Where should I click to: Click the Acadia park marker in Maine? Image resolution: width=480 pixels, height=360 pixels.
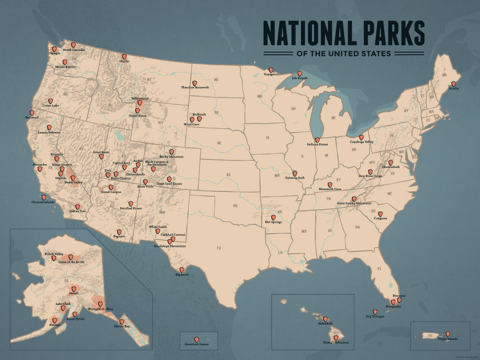point(453,83)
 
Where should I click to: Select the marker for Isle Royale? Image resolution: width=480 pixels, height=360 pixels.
point(300,73)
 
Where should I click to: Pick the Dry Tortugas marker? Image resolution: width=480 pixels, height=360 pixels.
point(375,312)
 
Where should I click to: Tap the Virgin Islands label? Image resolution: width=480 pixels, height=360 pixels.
point(447,339)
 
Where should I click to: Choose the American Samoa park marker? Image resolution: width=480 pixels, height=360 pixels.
point(196,339)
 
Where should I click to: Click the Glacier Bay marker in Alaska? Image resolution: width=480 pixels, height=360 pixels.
point(121,322)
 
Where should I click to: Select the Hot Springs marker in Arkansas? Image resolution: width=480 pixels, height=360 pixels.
point(273,217)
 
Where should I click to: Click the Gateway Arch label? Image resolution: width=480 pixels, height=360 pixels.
point(295,178)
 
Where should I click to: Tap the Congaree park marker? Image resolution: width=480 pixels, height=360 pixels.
point(380,214)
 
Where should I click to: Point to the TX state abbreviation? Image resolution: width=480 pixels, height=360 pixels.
point(219,248)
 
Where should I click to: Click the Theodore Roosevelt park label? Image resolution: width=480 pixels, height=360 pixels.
point(195,88)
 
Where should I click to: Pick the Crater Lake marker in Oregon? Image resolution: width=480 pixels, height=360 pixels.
point(50,101)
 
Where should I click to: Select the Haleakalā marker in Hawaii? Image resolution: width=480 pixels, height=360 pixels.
point(325,319)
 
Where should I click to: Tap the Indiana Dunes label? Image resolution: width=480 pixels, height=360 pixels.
point(317,145)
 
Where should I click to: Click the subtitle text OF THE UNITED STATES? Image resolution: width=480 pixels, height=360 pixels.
point(344,54)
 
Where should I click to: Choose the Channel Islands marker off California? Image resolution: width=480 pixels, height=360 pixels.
point(44,197)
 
